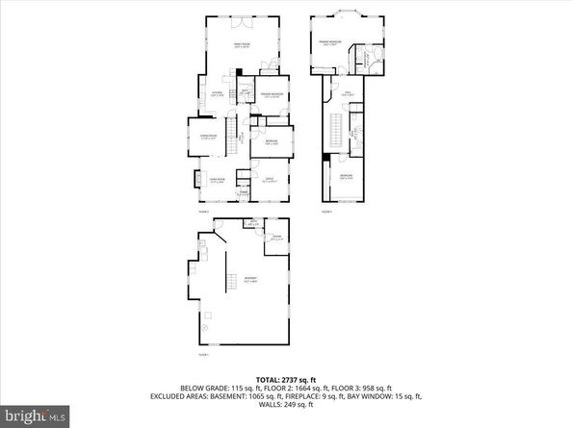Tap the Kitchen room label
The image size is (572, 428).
217,94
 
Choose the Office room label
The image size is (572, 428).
269,180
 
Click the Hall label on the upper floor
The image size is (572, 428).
347,94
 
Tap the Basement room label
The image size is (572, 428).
250,281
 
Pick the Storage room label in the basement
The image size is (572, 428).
275,238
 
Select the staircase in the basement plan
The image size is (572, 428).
231,281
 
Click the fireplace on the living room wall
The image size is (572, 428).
188,180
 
